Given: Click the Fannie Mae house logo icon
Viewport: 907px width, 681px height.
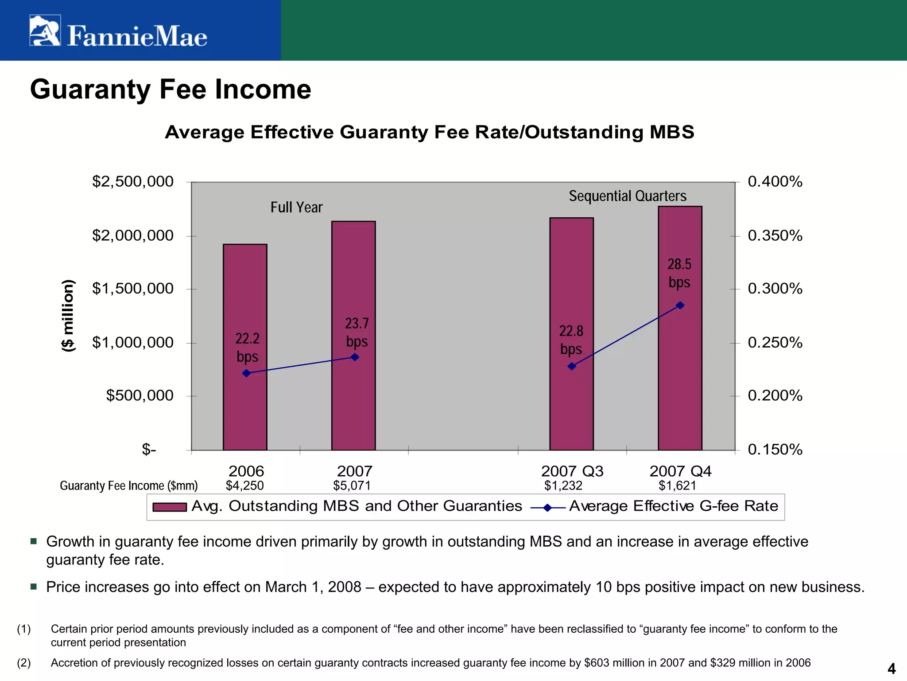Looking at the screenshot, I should pyautogui.click(x=45, y=30).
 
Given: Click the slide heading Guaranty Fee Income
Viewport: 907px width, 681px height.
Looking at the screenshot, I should pyautogui.click(x=171, y=89).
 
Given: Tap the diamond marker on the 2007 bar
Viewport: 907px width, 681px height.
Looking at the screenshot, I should pyautogui.click(x=355, y=357).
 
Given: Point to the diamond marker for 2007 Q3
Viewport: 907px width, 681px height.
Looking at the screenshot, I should pyautogui.click(x=572, y=366).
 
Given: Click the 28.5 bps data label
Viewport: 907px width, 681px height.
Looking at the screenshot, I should pyautogui.click(x=679, y=273).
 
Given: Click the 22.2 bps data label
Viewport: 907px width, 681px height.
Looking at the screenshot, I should pyautogui.click(x=247, y=348).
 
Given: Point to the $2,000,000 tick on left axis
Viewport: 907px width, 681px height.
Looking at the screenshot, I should pyautogui.click(x=133, y=235).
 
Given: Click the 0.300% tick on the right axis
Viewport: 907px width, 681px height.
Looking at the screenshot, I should pyautogui.click(x=775, y=289).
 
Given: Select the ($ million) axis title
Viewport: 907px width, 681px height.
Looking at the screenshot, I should pyautogui.click(x=68, y=316).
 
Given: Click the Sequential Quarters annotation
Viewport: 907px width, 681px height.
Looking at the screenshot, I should pyautogui.click(x=628, y=196).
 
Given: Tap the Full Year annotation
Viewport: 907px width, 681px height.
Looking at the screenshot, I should pyautogui.click(x=296, y=207).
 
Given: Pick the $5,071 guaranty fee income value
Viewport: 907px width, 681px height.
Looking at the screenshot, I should pyautogui.click(x=352, y=486).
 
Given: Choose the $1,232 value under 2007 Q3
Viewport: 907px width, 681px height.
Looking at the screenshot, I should pyautogui.click(x=563, y=486).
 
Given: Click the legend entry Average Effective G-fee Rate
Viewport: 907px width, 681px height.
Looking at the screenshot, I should pyautogui.click(x=673, y=506).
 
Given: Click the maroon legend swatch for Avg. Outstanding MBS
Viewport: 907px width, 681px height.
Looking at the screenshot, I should pyautogui.click(x=169, y=507).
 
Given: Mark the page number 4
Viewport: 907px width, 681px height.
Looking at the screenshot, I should pyautogui.click(x=891, y=668).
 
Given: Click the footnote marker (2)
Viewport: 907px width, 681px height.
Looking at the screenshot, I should pyautogui.click(x=24, y=663).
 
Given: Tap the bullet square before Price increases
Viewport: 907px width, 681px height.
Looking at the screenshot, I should pyautogui.click(x=34, y=587).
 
